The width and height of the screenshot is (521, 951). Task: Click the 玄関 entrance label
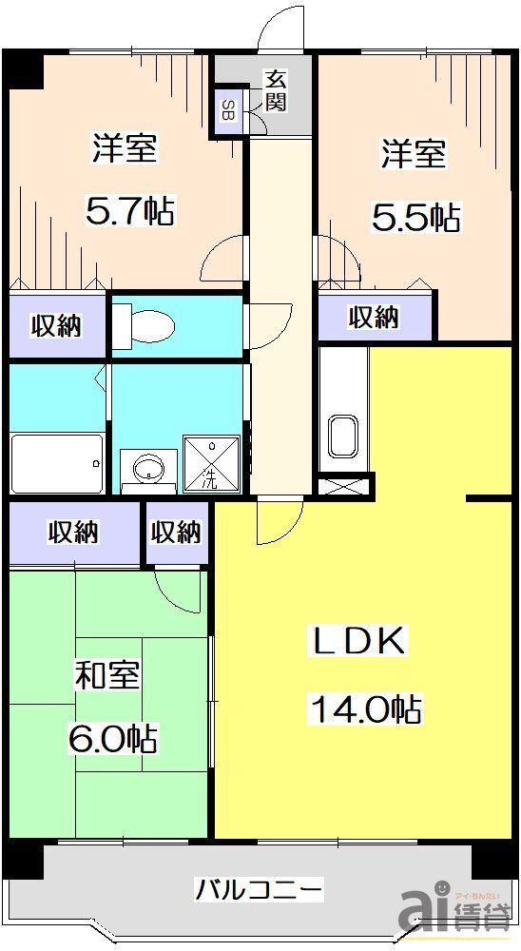(x=275, y=91)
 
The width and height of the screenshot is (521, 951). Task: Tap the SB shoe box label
(x=228, y=109)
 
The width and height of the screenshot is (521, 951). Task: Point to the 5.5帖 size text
(x=415, y=217)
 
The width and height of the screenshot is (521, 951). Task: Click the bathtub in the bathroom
(x=57, y=462)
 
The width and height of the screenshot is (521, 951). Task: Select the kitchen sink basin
(x=342, y=438)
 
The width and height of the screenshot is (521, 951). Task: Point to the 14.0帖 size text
(x=364, y=708)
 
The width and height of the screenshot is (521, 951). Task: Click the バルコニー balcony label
(x=260, y=890)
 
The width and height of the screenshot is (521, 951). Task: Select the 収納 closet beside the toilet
(x=56, y=325)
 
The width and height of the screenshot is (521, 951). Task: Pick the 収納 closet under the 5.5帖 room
(x=374, y=316)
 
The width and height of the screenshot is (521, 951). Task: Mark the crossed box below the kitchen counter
(x=341, y=486)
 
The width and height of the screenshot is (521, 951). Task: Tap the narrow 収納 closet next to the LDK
(x=177, y=532)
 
